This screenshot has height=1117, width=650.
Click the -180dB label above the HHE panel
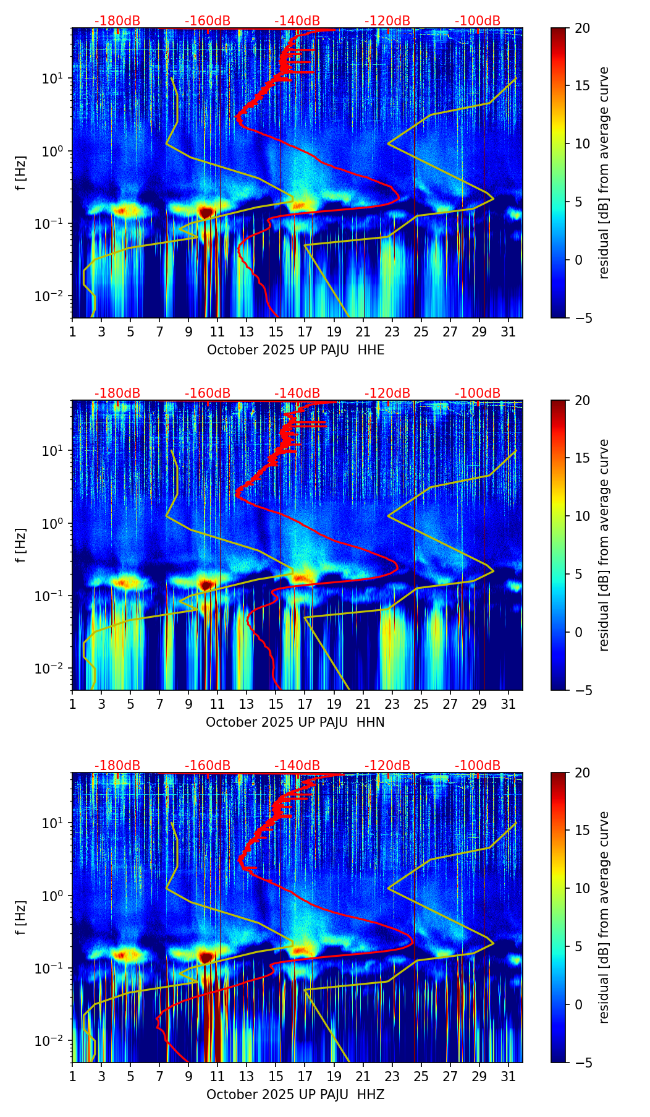(117, 22)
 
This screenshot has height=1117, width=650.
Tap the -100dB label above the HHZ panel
(478, 766)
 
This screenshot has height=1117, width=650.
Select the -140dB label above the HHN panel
(297, 394)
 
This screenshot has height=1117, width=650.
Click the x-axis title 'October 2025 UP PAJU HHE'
(295, 350)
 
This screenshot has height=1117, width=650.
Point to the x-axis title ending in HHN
(295, 722)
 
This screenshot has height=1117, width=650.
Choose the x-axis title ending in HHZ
(295, 1095)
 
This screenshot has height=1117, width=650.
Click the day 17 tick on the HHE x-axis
(305, 332)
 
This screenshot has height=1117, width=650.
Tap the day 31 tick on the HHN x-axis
(508, 704)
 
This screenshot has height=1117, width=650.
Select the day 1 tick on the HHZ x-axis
(72, 1076)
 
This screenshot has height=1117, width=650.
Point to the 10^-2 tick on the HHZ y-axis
(48, 1041)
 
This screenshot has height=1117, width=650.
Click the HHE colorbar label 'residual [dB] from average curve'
(604, 173)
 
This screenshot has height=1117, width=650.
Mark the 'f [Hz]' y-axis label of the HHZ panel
(21, 917)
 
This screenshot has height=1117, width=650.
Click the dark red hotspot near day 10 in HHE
(206, 212)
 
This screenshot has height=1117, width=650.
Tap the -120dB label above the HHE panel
(387, 22)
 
